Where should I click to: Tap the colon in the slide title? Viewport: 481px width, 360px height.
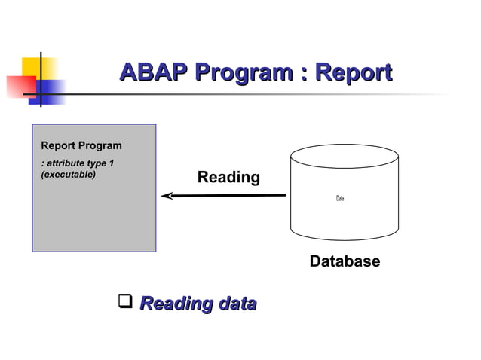click(304, 75)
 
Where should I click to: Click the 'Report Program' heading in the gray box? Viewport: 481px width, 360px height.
click(81, 145)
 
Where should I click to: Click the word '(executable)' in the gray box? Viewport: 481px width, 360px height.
click(68, 174)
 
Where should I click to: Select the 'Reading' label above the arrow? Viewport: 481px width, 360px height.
click(228, 178)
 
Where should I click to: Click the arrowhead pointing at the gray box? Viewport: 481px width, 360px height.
click(166, 196)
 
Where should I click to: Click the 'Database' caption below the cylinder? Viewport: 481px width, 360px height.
click(345, 261)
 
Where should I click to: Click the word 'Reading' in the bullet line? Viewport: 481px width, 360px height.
click(172, 304)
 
